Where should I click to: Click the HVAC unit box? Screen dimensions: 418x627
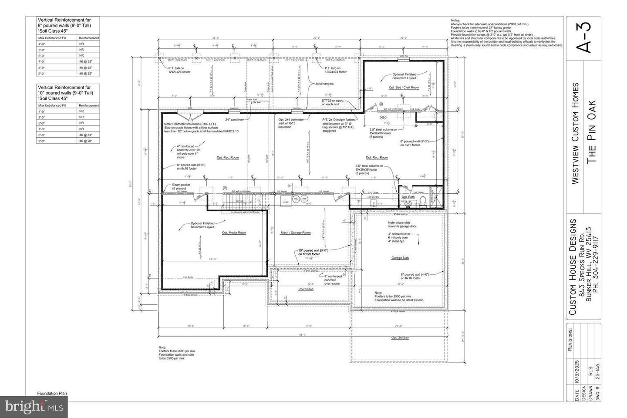pyautogui.click(x=286, y=202)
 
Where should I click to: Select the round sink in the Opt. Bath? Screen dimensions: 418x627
pyautogui.click(x=408, y=203)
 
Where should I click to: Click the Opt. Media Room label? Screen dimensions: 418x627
pyautogui.click(x=234, y=233)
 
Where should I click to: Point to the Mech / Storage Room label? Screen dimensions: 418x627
pyautogui.click(x=295, y=233)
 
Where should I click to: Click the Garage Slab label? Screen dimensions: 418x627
pyautogui.click(x=400, y=258)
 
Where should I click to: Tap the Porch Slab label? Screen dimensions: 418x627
pyautogui.click(x=306, y=289)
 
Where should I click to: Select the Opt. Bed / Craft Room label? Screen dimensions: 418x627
pyautogui.click(x=404, y=88)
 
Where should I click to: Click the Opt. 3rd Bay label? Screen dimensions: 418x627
pyautogui.click(x=400, y=338)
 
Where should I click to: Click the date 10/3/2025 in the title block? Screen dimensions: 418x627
pyautogui.click(x=577, y=374)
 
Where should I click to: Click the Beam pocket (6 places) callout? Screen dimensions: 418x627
pyautogui.click(x=181, y=186)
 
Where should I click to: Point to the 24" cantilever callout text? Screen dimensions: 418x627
pyautogui.click(x=234, y=119)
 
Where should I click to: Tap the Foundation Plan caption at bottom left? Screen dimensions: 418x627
pyautogui.click(x=52, y=393)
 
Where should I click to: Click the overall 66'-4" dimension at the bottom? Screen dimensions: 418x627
pyautogui.click(x=301, y=334)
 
